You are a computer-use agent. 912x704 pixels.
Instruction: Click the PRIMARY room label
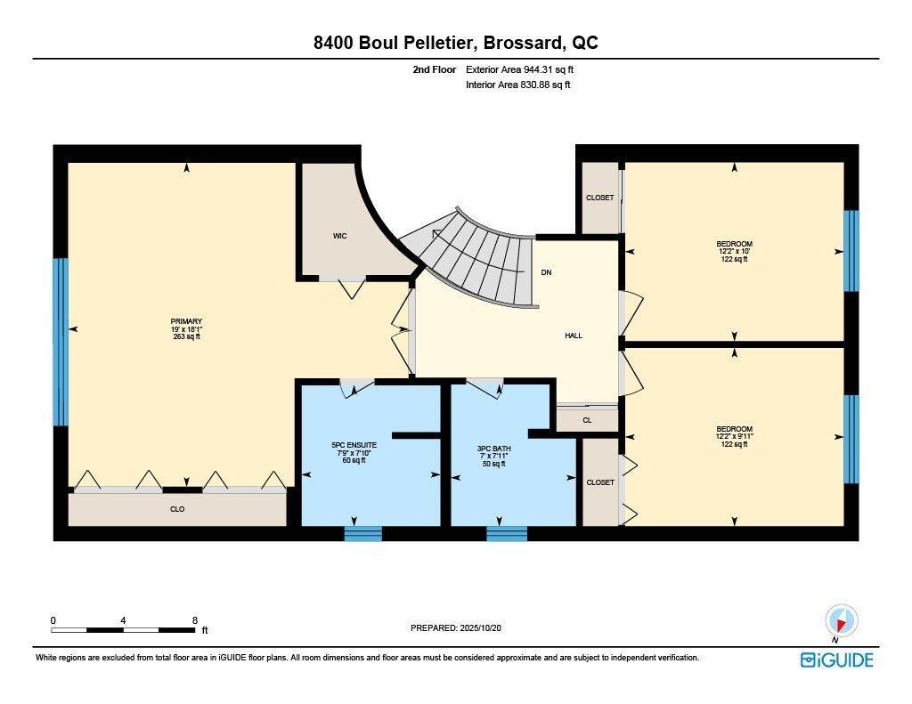(x=187, y=321)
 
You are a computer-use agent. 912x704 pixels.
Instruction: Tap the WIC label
(x=339, y=236)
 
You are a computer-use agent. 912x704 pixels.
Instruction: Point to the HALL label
(x=574, y=336)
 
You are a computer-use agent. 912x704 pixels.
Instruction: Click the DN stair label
(x=546, y=272)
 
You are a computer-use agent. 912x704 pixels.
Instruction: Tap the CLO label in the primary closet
(x=177, y=509)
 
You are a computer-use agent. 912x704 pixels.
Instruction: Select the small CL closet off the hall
(x=587, y=419)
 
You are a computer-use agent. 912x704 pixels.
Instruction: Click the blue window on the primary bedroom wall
(x=61, y=342)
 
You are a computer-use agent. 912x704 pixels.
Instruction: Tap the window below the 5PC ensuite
(x=362, y=533)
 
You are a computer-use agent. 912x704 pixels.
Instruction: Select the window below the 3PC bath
(x=506, y=533)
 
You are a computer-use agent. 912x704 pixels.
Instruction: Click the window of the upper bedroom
(x=851, y=250)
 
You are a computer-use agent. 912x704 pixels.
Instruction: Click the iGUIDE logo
(x=836, y=659)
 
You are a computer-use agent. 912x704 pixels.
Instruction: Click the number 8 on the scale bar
(x=194, y=620)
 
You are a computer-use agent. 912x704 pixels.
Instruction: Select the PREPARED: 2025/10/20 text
(x=461, y=627)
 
